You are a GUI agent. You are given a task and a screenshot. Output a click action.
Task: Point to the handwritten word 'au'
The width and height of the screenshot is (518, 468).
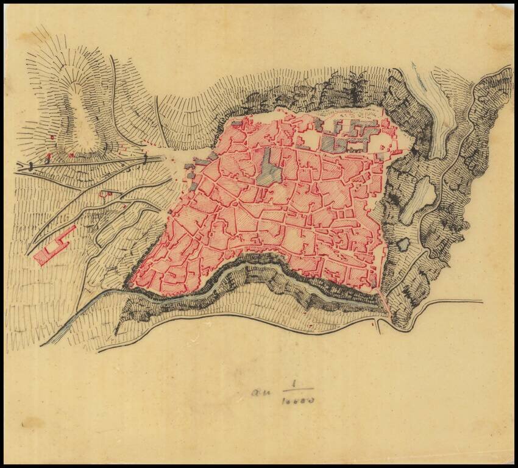(260, 391)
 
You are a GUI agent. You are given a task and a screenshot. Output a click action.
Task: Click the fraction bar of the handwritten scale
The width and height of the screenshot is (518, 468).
(297, 391)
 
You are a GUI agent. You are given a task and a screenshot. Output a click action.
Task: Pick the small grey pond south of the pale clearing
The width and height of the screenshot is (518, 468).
(403, 244)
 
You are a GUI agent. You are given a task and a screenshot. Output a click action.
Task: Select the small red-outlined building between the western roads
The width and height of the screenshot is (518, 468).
(107, 194)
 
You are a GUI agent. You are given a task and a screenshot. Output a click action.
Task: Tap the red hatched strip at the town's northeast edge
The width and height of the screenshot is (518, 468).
(395, 151)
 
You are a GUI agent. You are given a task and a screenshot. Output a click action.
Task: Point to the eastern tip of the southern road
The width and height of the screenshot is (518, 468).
(481, 300)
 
